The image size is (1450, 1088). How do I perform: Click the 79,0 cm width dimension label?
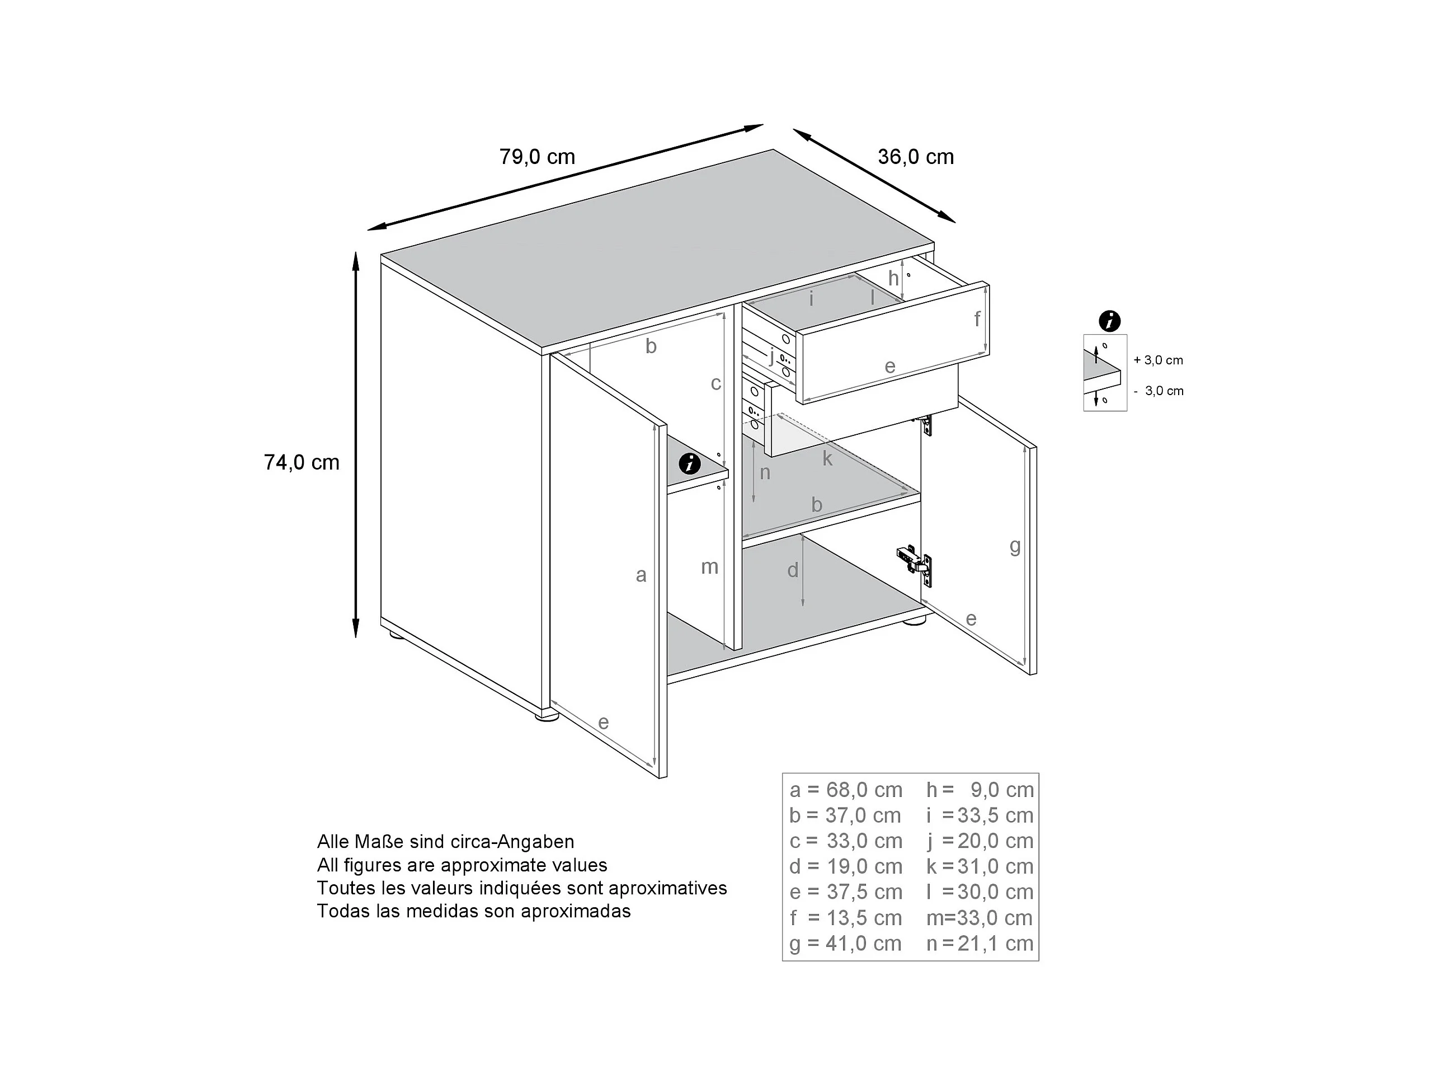pyautogui.click(x=537, y=157)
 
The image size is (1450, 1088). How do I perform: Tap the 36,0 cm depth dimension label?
pyautogui.click(x=915, y=157)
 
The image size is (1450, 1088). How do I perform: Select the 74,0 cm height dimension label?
pyautogui.click(x=302, y=462)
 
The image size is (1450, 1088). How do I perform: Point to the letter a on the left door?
pyautogui.click(x=641, y=575)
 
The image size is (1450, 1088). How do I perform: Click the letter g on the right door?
pyautogui.click(x=1015, y=546)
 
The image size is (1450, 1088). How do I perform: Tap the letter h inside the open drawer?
pyautogui.click(x=893, y=278)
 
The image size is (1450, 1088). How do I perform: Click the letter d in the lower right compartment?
pyautogui.click(x=793, y=570)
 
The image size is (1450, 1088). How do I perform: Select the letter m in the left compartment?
pyautogui.click(x=709, y=566)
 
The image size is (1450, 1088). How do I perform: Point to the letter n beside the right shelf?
pyautogui.click(x=764, y=472)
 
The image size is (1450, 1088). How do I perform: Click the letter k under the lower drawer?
pyautogui.click(x=827, y=458)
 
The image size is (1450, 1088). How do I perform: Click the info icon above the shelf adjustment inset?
pyautogui.click(x=1109, y=321)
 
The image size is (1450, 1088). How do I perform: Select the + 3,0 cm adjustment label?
pyautogui.click(x=1159, y=360)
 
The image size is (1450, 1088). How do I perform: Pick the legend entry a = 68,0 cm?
pyautogui.click(x=846, y=790)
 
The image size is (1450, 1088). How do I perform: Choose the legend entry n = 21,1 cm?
pyautogui.click(x=980, y=944)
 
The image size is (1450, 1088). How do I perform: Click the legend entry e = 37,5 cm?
pyautogui.click(x=846, y=893)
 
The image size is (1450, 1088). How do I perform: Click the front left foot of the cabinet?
pyautogui.click(x=546, y=716)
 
